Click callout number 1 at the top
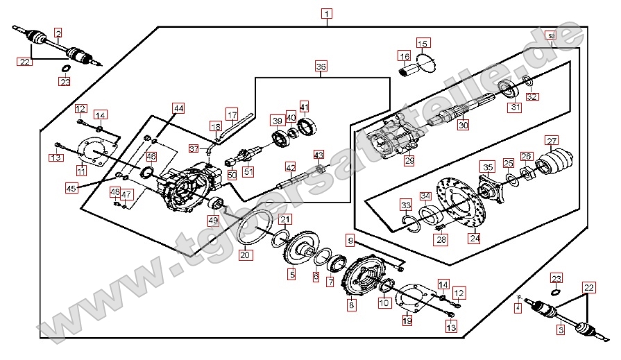point(327,13)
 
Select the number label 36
point(320,67)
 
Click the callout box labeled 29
point(409,161)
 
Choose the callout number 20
point(244,255)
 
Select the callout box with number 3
point(561,330)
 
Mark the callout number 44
point(178,108)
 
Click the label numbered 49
point(213,221)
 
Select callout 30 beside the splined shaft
point(463,126)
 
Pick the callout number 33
point(405,205)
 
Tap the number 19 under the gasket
point(407,320)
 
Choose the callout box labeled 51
point(248,171)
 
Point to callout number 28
point(442,239)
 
